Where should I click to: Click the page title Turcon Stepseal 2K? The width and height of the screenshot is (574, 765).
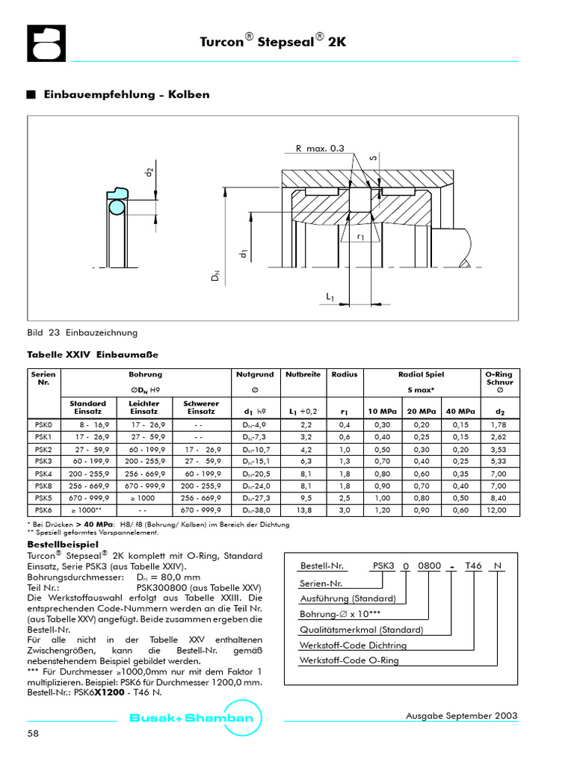click(273, 43)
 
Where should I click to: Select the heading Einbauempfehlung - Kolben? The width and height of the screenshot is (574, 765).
click(126, 95)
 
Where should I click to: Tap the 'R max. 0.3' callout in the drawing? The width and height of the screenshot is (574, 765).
click(320, 149)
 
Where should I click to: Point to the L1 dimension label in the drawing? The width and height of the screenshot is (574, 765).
click(330, 297)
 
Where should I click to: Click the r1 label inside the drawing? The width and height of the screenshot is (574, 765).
click(360, 237)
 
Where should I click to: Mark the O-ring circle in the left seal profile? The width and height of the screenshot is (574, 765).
click(116, 205)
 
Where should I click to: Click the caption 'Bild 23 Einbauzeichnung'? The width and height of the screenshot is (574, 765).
click(82, 332)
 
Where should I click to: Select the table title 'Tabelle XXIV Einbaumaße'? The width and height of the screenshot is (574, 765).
click(93, 354)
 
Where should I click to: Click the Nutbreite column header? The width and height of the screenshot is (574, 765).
click(303, 374)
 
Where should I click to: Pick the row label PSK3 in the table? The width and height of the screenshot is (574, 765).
click(43, 462)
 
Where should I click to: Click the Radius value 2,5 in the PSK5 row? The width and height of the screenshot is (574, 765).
click(345, 498)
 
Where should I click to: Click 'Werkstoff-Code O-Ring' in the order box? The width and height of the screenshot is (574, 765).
click(349, 660)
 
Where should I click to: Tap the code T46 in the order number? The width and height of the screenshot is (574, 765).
click(474, 566)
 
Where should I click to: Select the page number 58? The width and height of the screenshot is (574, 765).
click(33, 734)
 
